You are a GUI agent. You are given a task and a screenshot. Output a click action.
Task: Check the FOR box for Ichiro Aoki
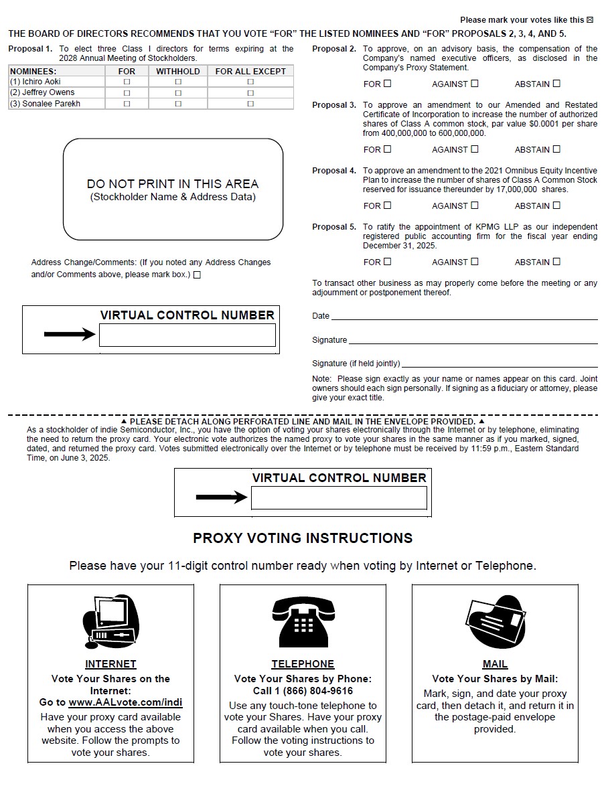click(x=127, y=82)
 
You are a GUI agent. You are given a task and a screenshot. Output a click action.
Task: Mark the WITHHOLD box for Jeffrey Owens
click(x=178, y=93)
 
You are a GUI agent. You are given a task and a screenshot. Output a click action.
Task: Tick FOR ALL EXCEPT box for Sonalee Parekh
click(x=250, y=104)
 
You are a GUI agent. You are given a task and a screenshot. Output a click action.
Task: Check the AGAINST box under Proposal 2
click(x=475, y=84)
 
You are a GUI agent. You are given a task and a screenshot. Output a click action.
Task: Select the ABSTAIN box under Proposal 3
click(x=556, y=149)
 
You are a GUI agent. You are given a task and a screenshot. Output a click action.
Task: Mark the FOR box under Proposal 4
click(x=387, y=206)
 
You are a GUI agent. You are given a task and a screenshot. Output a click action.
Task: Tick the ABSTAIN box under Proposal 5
click(x=556, y=262)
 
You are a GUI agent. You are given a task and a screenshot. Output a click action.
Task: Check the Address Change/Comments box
click(x=197, y=274)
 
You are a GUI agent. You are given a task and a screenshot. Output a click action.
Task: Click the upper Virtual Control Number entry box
click(x=187, y=335)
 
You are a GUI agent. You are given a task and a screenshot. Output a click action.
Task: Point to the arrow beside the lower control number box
click(x=222, y=497)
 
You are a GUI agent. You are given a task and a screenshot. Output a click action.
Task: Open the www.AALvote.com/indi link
click(x=125, y=702)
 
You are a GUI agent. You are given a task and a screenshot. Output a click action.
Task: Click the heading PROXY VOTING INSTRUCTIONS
click(x=303, y=538)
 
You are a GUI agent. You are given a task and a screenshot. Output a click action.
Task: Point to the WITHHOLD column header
click(x=178, y=71)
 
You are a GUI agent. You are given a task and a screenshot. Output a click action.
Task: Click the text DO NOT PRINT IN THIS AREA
click(x=173, y=183)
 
